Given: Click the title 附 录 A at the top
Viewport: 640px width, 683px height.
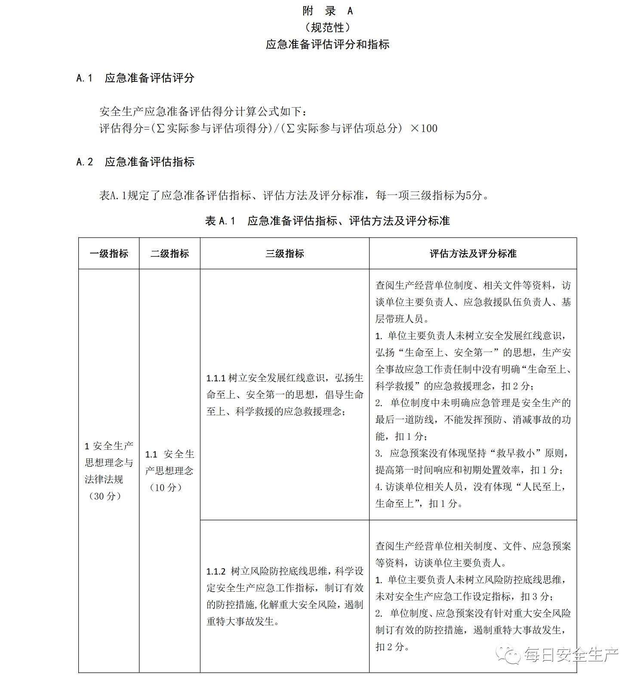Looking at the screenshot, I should [327, 11].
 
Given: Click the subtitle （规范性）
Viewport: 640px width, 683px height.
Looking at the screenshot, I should [327, 28].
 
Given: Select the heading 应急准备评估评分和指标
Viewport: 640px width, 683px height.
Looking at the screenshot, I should [327, 44].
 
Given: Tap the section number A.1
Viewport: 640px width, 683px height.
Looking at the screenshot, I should [84, 78].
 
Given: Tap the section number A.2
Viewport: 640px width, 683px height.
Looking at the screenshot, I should [84, 162].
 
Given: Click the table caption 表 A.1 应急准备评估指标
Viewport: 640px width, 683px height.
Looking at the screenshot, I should [327, 221].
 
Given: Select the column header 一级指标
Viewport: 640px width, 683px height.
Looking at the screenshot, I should [109, 253].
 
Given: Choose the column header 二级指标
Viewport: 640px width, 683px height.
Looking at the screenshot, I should [169, 253].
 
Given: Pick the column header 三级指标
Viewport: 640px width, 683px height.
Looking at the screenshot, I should [285, 253].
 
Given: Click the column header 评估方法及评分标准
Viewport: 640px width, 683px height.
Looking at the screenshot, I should [473, 253].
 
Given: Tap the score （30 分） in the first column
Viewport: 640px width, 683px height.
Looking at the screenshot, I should [105, 496].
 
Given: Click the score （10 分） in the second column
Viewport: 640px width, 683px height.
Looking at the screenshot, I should [166, 488].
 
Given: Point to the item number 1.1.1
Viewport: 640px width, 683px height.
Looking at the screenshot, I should [216, 378].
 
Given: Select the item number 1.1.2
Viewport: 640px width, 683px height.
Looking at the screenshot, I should [216, 572].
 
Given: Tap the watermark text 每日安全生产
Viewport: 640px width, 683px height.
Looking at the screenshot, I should [571, 655].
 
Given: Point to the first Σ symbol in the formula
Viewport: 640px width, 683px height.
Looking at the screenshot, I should [160, 128].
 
